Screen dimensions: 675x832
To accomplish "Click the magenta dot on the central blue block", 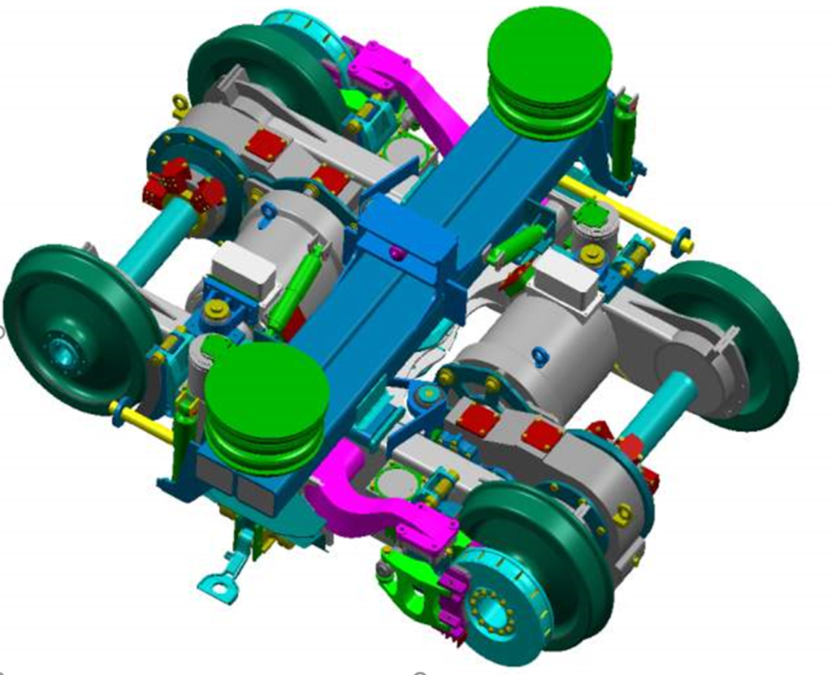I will tap(396, 253).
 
